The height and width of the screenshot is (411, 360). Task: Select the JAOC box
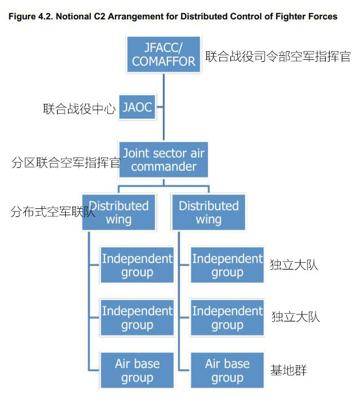pyautogui.click(x=137, y=107)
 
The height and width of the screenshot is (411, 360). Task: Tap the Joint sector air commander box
pyautogui.click(x=163, y=160)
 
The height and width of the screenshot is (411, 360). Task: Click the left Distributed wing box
pyautogui.click(x=119, y=212)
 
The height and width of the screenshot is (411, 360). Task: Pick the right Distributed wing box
pyautogui.click(x=209, y=212)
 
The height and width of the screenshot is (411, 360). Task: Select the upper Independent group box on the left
pyautogui.click(x=137, y=265)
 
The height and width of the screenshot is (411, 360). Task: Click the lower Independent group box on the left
pyautogui.click(x=137, y=317)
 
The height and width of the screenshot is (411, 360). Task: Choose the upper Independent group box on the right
pyautogui.click(x=227, y=265)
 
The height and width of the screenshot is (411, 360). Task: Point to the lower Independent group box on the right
pyautogui.click(x=227, y=317)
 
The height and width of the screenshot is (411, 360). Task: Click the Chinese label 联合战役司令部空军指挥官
pyautogui.click(x=278, y=57)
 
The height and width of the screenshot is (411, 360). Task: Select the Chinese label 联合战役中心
pyautogui.click(x=79, y=109)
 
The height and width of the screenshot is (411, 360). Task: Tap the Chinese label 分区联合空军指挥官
pyautogui.click(x=65, y=163)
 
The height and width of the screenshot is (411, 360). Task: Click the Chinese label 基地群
pyautogui.click(x=289, y=370)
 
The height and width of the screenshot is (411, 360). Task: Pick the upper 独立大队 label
pyautogui.click(x=294, y=264)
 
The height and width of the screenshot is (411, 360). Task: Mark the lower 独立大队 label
pyautogui.click(x=295, y=317)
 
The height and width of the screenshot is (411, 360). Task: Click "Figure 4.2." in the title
pyautogui.click(x=29, y=17)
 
